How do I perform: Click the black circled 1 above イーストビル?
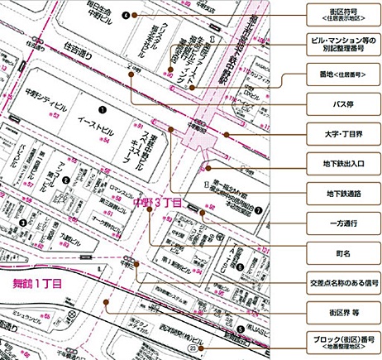pyautogui.click(x=102, y=108)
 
